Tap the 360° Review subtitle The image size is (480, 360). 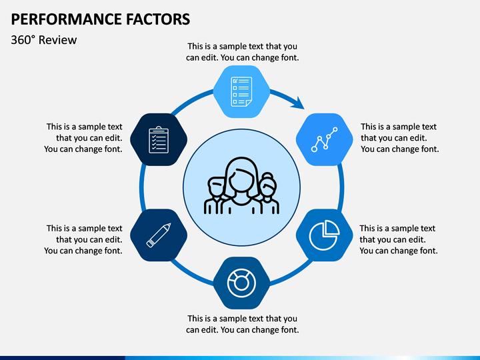pyautogui.click(x=44, y=40)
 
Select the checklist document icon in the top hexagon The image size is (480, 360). pyautogui.click(x=241, y=91)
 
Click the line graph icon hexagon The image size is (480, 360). pyautogui.click(x=323, y=139)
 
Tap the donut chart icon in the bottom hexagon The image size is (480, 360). pyautogui.click(x=241, y=283)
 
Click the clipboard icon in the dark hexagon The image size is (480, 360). pyautogui.click(x=159, y=139)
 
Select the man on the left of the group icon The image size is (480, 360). pyautogui.click(x=216, y=195)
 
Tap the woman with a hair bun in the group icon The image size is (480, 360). pyautogui.click(x=267, y=193)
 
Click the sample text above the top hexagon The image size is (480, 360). pyautogui.click(x=242, y=52)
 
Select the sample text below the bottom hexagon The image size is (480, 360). pyautogui.click(x=242, y=324)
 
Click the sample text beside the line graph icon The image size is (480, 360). pyautogui.click(x=399, y=138)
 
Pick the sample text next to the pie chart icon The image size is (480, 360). pyautogui.click(x=398, y=239)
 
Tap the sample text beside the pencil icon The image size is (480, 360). pyautogui.click(x=84, y=239)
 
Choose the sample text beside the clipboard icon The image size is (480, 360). pyautogui.click(x=84, y=138)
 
